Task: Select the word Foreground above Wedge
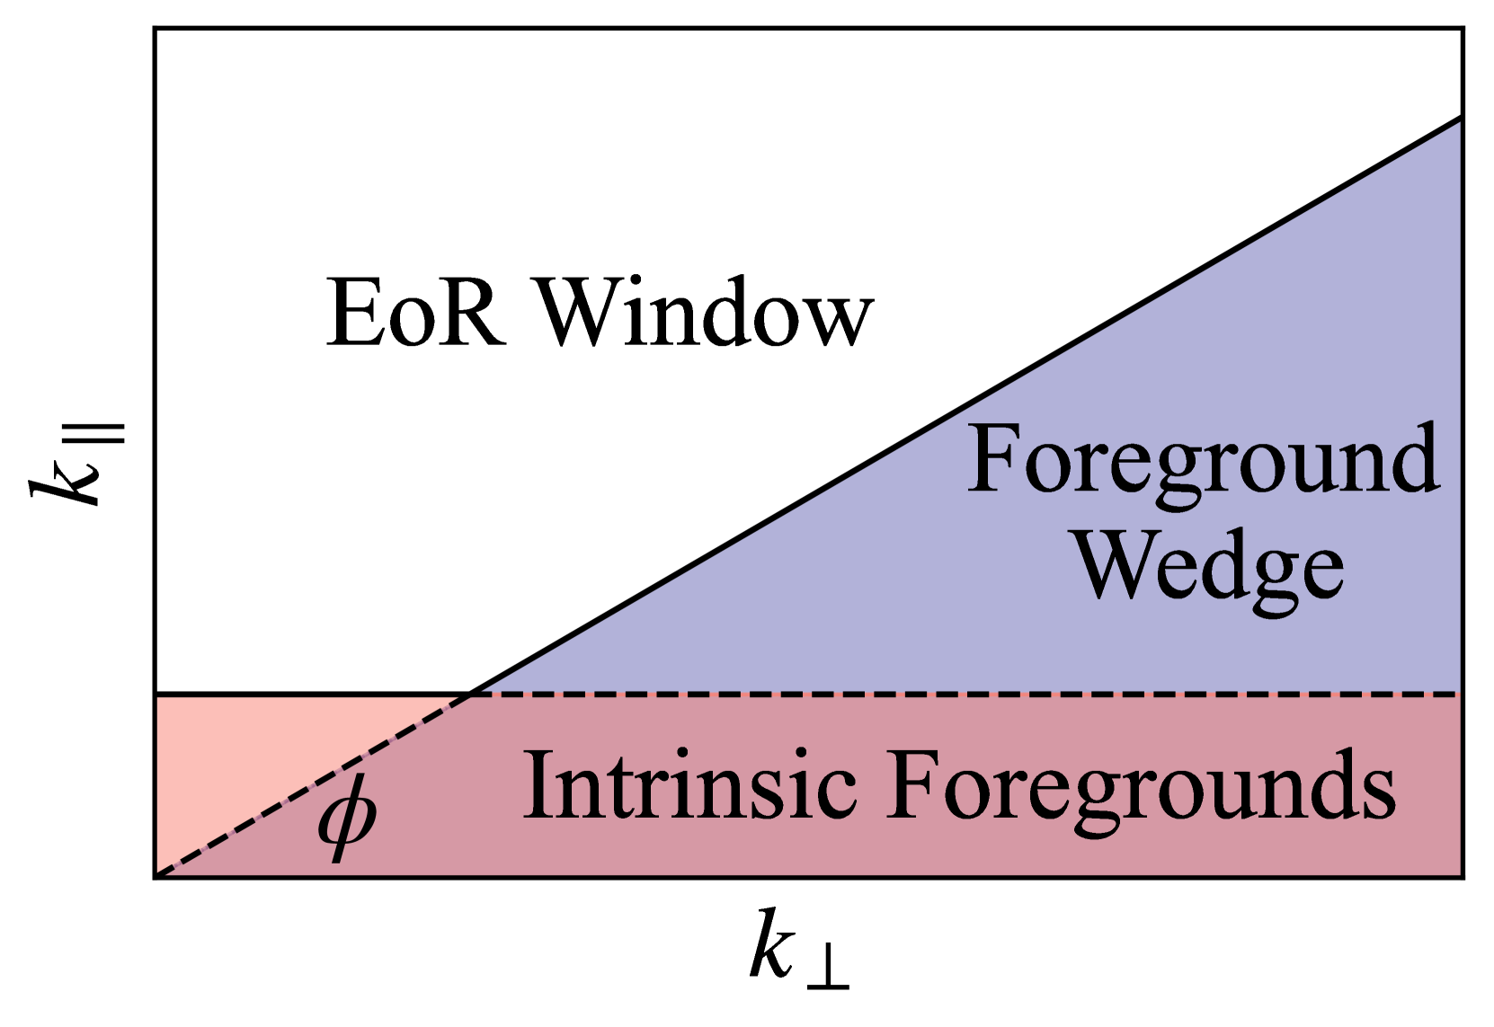(x=1203, y=460)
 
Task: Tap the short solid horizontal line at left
(x=306, y=694)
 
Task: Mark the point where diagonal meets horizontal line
(x=468, y=694)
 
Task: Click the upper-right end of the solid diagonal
(x=1458, y=120)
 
